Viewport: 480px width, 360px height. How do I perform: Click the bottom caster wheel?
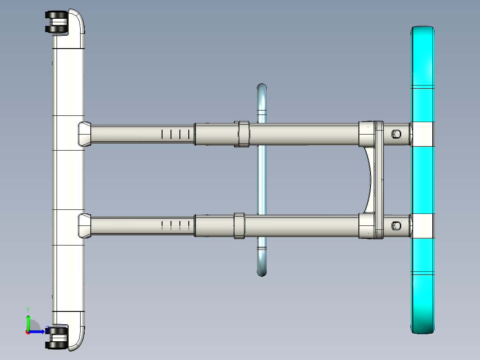[x=57, y=337]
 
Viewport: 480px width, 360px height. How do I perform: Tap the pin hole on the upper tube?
[x=396, y=134]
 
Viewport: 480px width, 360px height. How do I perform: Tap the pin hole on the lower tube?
[x=396, y=225]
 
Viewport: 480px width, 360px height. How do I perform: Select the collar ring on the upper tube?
[x=242, y=134]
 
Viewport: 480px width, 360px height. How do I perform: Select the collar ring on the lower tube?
[x=239, y=225]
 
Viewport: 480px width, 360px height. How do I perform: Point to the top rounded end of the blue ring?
[x=262, y=89]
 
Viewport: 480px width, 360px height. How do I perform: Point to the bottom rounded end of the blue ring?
[x=262, y=271]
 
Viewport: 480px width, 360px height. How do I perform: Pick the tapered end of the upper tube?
[x=85, y=134]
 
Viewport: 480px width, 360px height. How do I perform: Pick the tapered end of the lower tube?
[x=85, y=225]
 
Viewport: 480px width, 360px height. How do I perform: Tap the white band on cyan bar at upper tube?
[x=422, y=134]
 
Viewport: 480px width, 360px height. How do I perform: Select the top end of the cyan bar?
[x=423, y=33]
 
